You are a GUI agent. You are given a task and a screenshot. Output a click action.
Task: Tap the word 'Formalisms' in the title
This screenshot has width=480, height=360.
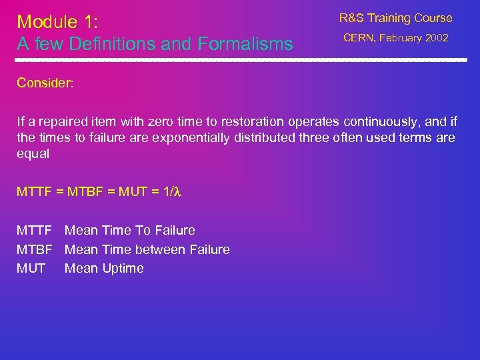click(x=244, y=45)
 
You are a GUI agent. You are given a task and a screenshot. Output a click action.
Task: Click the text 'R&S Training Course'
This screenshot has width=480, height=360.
click(x=395, y=18)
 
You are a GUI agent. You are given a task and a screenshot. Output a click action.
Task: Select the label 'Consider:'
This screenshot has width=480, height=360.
click(x=45, y=83)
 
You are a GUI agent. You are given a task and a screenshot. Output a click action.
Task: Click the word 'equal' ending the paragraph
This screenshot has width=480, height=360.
click(x=33, y=153)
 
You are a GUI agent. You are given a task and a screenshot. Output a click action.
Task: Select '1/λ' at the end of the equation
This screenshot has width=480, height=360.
click(x=173, y=192)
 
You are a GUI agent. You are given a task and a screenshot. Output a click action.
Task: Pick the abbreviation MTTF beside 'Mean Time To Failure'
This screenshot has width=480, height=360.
click(x=34, y=231)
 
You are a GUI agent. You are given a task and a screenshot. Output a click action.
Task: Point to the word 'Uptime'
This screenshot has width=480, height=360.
click(x=123, y=269)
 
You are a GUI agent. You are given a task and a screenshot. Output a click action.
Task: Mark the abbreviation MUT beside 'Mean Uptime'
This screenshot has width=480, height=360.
click(x=31, y=269)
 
